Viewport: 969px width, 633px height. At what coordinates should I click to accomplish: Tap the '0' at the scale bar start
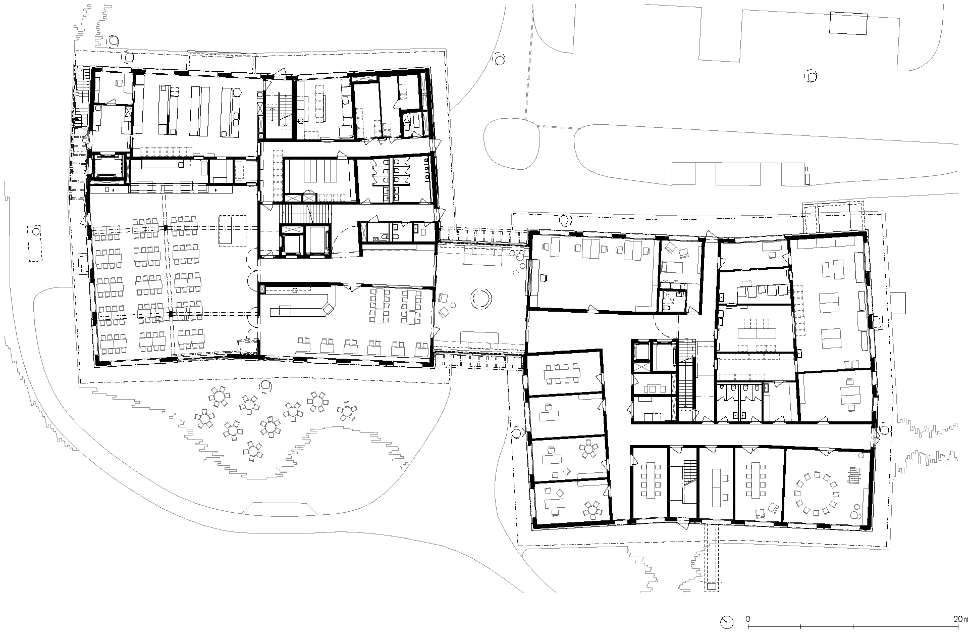coord(748,619)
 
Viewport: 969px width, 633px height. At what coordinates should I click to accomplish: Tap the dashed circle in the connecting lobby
coord(481,298)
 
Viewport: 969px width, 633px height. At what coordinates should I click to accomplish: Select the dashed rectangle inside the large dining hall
coord(232,230)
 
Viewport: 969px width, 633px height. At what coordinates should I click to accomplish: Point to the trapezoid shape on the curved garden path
coord(276,507)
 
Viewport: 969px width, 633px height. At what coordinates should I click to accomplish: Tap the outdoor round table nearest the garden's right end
coord(347,411)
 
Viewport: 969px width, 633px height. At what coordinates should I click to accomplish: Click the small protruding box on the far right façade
coord(897,302)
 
